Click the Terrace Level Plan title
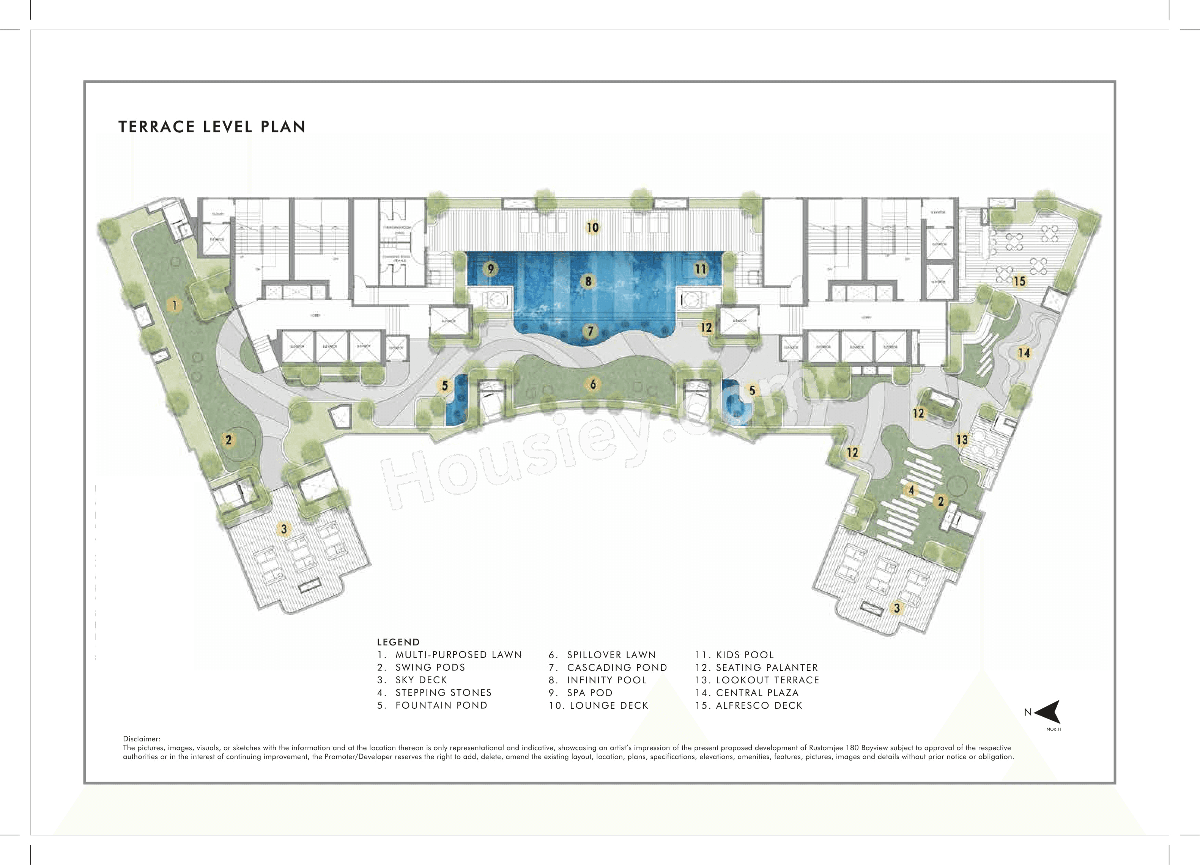tap(212, 127)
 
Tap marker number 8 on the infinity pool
tap(588, 281)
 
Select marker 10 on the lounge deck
tap(592, 228)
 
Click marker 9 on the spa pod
tap(490, 268)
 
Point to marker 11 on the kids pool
tap(701, 268)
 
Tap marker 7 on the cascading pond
tap(591, 331)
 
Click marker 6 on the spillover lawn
tap(593, 385)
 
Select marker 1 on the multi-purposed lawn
tap(175, 305)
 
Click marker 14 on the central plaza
tap(1024, 353)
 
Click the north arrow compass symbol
tap(1047, 712)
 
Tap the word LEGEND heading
tap(398, 642)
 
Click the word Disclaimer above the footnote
tap(141, 739)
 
